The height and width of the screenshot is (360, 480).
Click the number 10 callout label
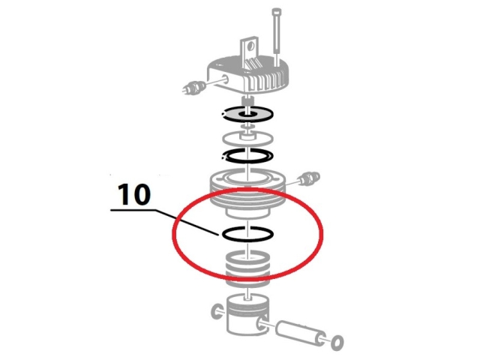tap(134, 194)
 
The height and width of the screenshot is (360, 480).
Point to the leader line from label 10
tap(165, 222)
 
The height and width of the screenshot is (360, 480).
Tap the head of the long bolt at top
tap(276, 13)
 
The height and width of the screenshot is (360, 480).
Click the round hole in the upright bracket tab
tap(251, 46)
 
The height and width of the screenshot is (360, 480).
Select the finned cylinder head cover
tap(248, 75)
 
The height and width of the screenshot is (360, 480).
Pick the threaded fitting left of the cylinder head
tap(193, 87)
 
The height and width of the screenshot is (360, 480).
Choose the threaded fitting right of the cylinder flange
tap(310, 178)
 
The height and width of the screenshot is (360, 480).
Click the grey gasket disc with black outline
tap(247, 114)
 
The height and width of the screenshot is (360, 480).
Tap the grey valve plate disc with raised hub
tap(247, 138)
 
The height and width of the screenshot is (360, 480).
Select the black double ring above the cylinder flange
tap(247, 156)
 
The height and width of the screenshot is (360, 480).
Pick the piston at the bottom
tap(247, 315)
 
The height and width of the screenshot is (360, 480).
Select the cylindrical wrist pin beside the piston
tap(300, 334)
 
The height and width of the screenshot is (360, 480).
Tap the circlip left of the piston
tap(217, 312)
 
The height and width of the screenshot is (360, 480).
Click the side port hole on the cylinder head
tap(226, 77)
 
